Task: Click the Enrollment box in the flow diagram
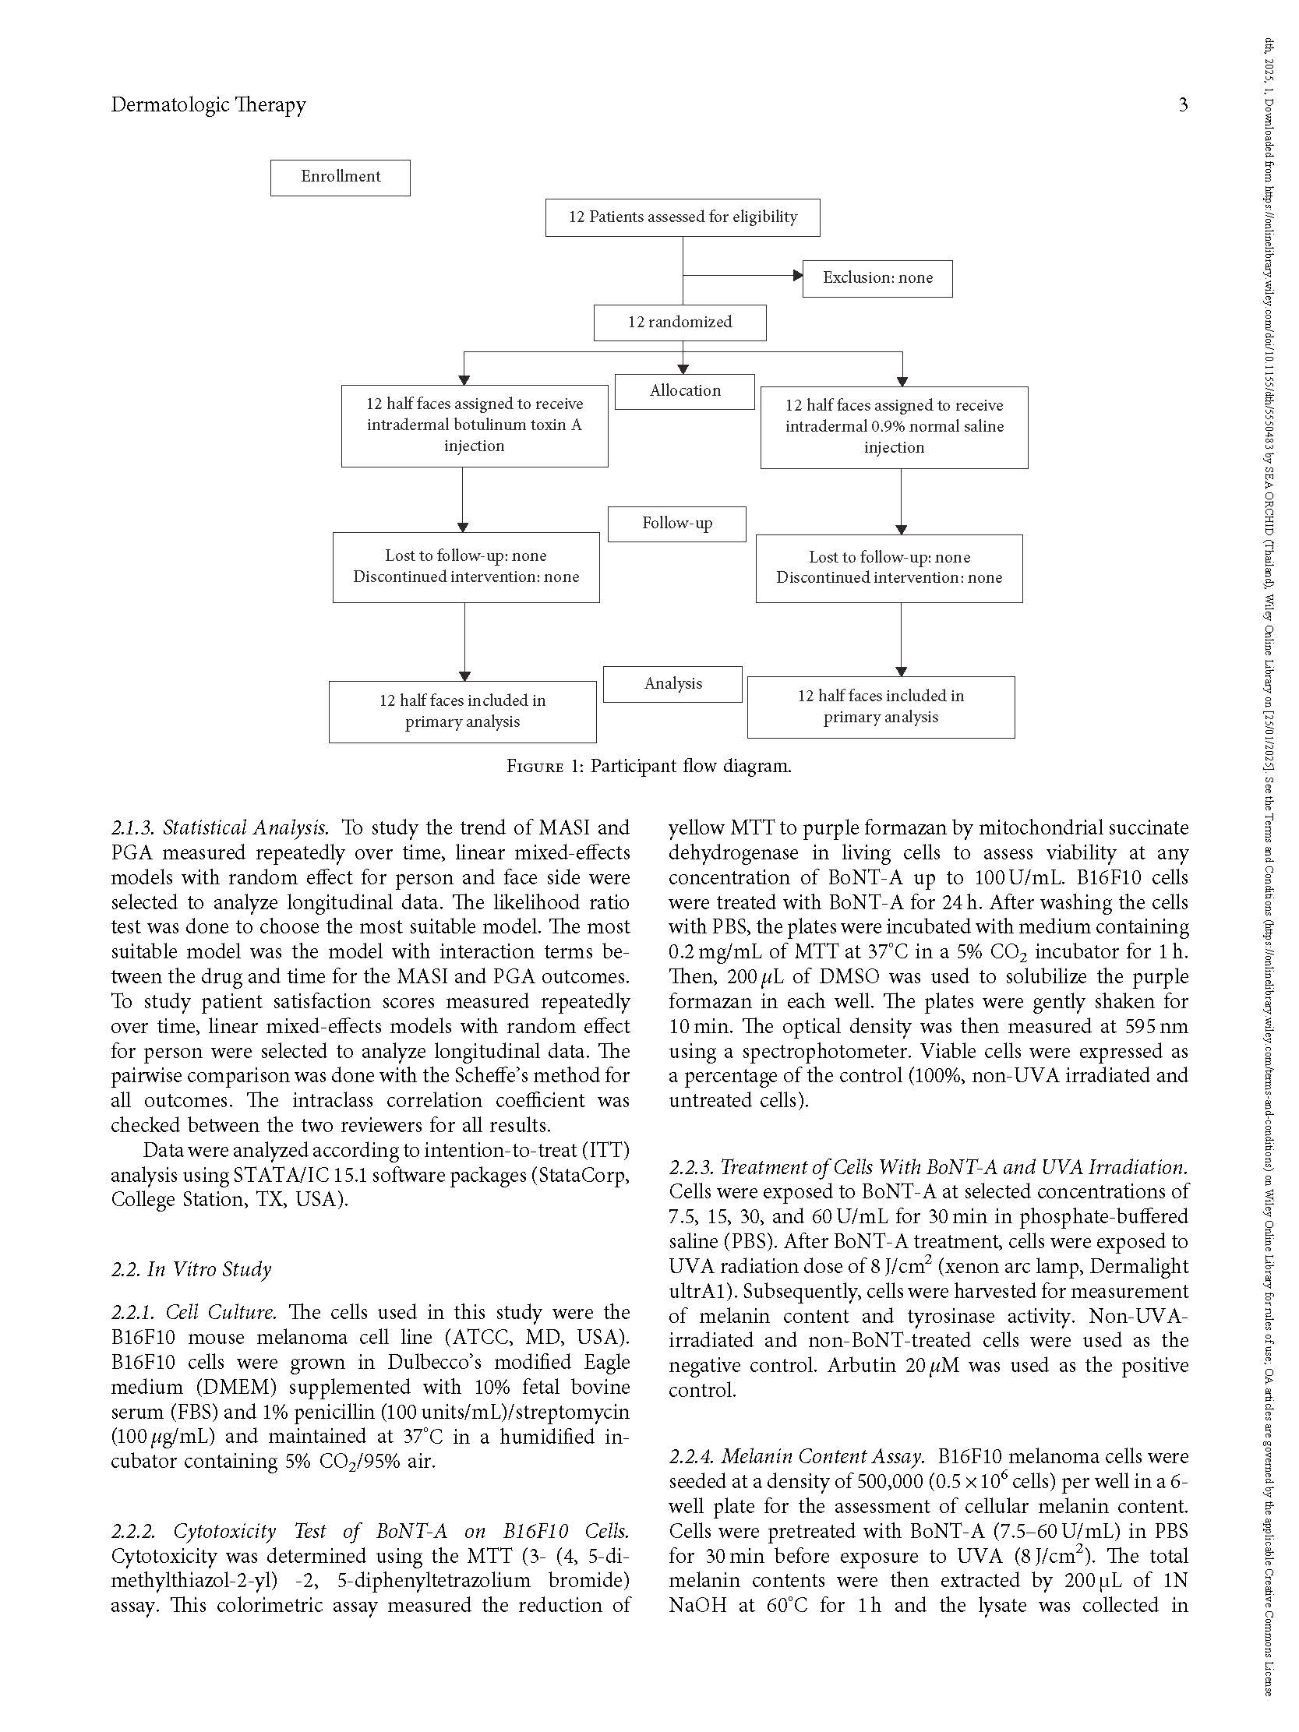point(340,178)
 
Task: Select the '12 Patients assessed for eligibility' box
point(682,217)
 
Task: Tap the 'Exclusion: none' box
point(877,279)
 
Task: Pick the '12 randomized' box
point(680,323)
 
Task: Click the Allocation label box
point(684,391)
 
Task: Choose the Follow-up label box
point(676,524)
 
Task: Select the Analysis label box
point(672,684)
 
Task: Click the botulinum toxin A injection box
point(475,426)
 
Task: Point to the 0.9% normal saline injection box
point(894,428)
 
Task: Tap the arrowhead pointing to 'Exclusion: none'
point(797,276)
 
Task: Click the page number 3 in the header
point(1182,105)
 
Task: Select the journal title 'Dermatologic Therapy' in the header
point(208,105)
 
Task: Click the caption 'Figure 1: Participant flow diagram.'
point(649,767)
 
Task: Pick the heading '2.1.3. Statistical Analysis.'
point(219,828)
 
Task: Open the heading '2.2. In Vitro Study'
point(191,1269)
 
